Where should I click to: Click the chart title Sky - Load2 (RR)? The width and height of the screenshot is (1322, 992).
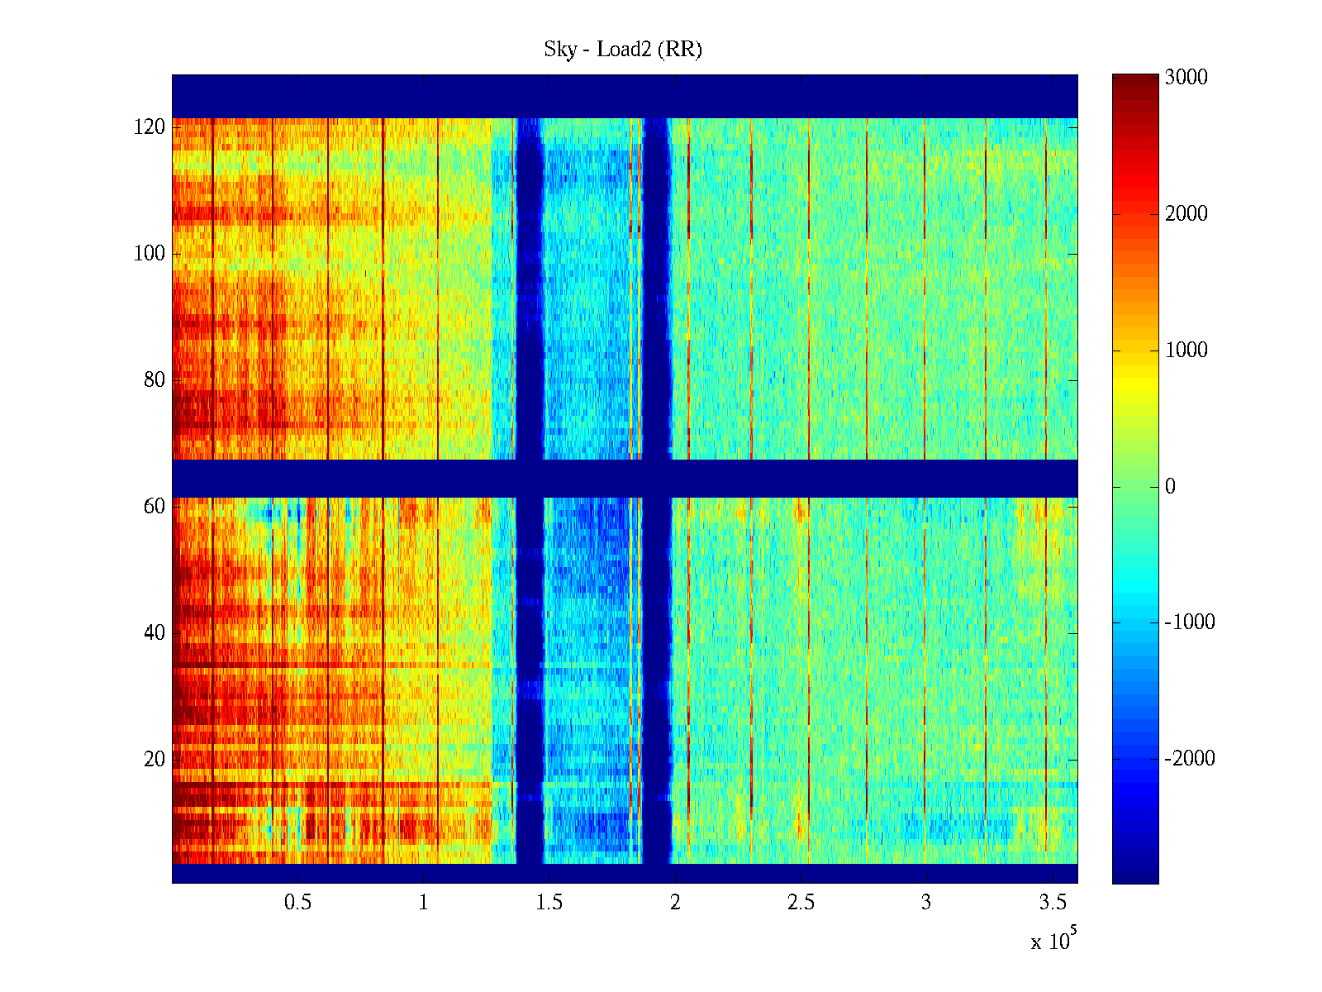tap(623, 50)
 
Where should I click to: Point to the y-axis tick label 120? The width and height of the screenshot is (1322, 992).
tap(150, 127)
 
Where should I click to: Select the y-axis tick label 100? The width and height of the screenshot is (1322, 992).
tap(150, 254)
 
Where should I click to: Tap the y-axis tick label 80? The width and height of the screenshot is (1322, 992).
tap(155, 380)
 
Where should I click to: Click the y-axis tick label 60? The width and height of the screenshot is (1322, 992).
tap(155, 507)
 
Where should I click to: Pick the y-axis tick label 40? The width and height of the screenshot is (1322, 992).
tap(155, 633)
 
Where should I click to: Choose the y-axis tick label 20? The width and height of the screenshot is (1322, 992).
tap(155, 760)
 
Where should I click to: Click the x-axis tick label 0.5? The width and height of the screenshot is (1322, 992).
tap(298, 903)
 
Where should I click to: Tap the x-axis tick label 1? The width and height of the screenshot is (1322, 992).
tap(424, 903)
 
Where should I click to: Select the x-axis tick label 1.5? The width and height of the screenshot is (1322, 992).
tap(549, 903)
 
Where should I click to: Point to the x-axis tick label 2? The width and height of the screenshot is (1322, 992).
tap(675, 903)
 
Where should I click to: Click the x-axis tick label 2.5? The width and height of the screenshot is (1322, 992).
tap(801, 903)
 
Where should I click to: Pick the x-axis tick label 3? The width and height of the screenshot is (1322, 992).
tap(926, 903)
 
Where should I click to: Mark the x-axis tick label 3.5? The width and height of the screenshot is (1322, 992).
tap(1052, 903)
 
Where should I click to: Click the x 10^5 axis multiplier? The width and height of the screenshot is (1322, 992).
tap(1053, 940)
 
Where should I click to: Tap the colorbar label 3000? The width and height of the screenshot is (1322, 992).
tap(1186, 78)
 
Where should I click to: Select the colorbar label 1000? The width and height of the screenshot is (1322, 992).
tap(1186, 351)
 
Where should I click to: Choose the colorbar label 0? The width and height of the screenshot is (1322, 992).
tap(1170, 487)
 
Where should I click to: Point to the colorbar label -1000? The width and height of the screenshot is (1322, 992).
tap(1190, 622)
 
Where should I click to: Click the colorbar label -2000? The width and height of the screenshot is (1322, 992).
tap(1190, 759)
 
